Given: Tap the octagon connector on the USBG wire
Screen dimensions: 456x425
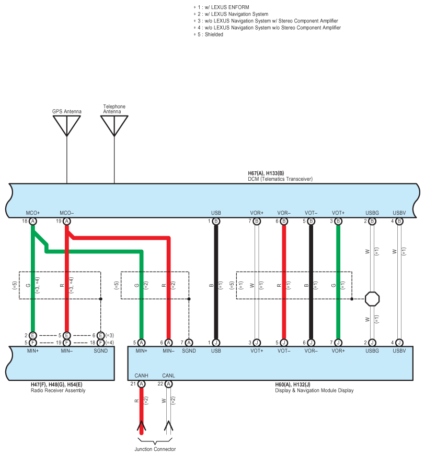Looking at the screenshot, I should click(x=372, y=299).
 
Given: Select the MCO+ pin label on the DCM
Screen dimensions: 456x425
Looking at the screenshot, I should click(x=33, y=213).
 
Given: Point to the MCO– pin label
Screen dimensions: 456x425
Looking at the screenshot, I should click(x=67, y=213).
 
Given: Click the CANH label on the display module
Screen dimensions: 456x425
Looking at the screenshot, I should click(x=141, y=376).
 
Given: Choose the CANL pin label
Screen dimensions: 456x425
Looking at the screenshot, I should click(x=168, y=376).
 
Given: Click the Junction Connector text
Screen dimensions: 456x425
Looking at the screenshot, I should click(x=154, y=449).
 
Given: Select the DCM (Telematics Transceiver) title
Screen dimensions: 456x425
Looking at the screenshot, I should click(x=280, y=179).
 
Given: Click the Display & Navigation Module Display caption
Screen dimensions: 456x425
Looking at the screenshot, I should click(x=314, y=390).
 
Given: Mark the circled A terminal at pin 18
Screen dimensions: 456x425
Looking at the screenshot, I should click(x=33, y=221).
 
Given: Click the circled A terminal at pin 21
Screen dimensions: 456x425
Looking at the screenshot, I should click(x=141, y=384).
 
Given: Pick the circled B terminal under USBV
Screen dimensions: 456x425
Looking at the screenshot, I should click(x=399, y=221).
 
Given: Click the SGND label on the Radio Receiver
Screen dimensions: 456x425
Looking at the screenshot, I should click(x=101, y=350).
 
